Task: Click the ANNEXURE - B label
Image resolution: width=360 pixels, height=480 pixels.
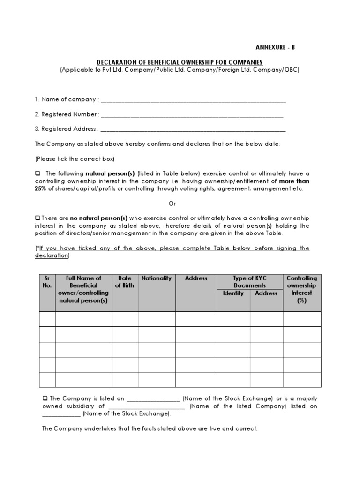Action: [x=276, y=48]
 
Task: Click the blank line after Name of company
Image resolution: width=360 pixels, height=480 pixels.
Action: [x=193, y=100]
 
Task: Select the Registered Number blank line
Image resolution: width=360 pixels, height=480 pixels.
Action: [x=192, y=115]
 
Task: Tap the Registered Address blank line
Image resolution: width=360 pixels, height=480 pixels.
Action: [x=193, y=130]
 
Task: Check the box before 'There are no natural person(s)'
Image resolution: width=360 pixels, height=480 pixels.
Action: [x=37, y=218]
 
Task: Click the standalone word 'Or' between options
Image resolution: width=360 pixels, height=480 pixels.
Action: [x=172, y=203]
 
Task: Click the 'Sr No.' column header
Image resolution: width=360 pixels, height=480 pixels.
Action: [x=47, y=282]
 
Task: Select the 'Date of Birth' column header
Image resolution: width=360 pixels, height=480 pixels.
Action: [x=125, y=282]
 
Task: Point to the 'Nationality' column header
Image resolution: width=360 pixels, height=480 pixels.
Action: [x=157, y=278]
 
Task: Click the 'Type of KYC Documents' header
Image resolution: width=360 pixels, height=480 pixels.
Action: [x=249, y=282]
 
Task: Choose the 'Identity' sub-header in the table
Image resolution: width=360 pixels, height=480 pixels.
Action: [x=233, y=293]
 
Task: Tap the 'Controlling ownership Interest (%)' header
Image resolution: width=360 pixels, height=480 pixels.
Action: [x=302, y=289]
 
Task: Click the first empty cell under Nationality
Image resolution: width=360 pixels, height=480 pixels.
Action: [x=157, y=319]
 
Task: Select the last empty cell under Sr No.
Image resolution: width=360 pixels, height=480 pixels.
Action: [x=47, y=379]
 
